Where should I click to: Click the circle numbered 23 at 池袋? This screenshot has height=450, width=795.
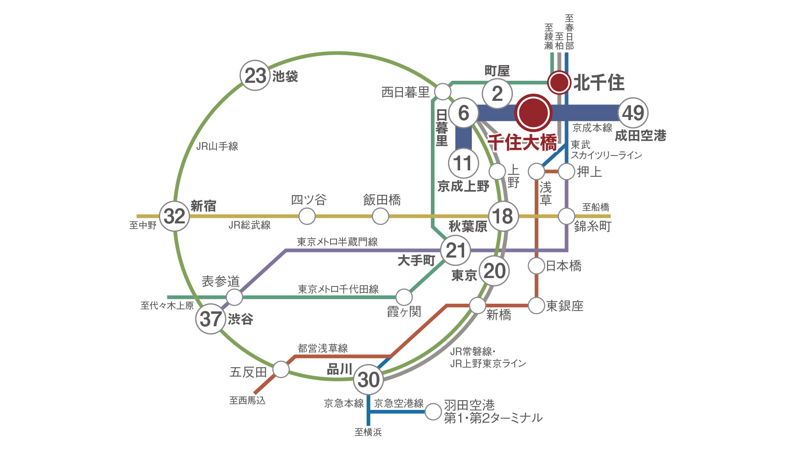pos(255,76)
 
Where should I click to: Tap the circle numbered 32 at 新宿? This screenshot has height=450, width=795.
pos(175,216)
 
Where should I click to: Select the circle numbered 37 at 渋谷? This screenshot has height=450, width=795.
pos(210,319)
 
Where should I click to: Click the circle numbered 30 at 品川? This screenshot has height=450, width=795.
pos(368,379)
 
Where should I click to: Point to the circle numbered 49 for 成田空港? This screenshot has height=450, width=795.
pos(633,113)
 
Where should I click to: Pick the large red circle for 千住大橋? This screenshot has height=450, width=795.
pos(533,113)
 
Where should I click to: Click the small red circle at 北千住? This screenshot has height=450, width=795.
pos(559,82)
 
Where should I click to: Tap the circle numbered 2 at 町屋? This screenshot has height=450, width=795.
pos(497,94)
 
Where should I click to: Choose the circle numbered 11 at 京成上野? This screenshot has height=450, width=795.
pos(463,163)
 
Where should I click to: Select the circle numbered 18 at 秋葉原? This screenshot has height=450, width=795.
pos(503,216)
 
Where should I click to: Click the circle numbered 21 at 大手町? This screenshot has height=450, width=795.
pos(455,250)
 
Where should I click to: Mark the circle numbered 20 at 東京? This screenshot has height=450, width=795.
pos(494,271)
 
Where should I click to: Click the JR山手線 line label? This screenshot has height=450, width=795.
pos(217,146)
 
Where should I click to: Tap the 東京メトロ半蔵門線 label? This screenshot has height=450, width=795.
pos(337,242)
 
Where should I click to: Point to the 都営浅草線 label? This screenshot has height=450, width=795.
pos(323,348)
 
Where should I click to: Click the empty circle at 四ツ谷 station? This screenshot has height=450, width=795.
pos(307,216)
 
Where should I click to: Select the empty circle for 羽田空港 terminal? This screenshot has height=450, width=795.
pos(433,412)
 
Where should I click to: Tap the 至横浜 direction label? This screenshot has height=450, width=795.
pos(368,432)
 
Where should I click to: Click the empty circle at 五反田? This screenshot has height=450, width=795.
pos(281,369)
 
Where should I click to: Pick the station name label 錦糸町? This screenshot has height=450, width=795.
pos(593,226)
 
